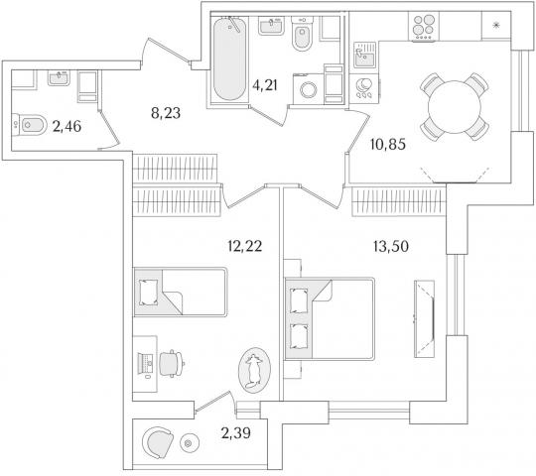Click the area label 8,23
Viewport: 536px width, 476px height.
click(x=166, y=113)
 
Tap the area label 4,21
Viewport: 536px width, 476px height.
click(x=265, y=85)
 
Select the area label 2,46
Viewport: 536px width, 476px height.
click(x=67, y=127)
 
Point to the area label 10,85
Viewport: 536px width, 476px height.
click(x=388, y=145)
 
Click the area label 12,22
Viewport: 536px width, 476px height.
click(x=245, y=246)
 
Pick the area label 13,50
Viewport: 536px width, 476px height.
click(x=391, y=246)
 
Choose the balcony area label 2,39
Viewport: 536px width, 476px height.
click(x=236, y=433)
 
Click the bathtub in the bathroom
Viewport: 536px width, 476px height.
click(x=229, y=59)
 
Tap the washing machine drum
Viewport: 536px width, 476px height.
click(x=309, y=90)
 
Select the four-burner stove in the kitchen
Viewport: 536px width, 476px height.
click(x=424, y=27)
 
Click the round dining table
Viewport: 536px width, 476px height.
click(x=455, y=107)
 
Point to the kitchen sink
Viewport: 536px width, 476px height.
click(x=364, y=55)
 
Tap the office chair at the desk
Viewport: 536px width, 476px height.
click(x=172, y=363)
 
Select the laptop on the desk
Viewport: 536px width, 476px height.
click(x=146, y=363)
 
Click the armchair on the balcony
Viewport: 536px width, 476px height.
click(x=158, y=442)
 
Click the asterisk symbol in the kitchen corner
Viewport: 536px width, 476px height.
click(x=496, y=25)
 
